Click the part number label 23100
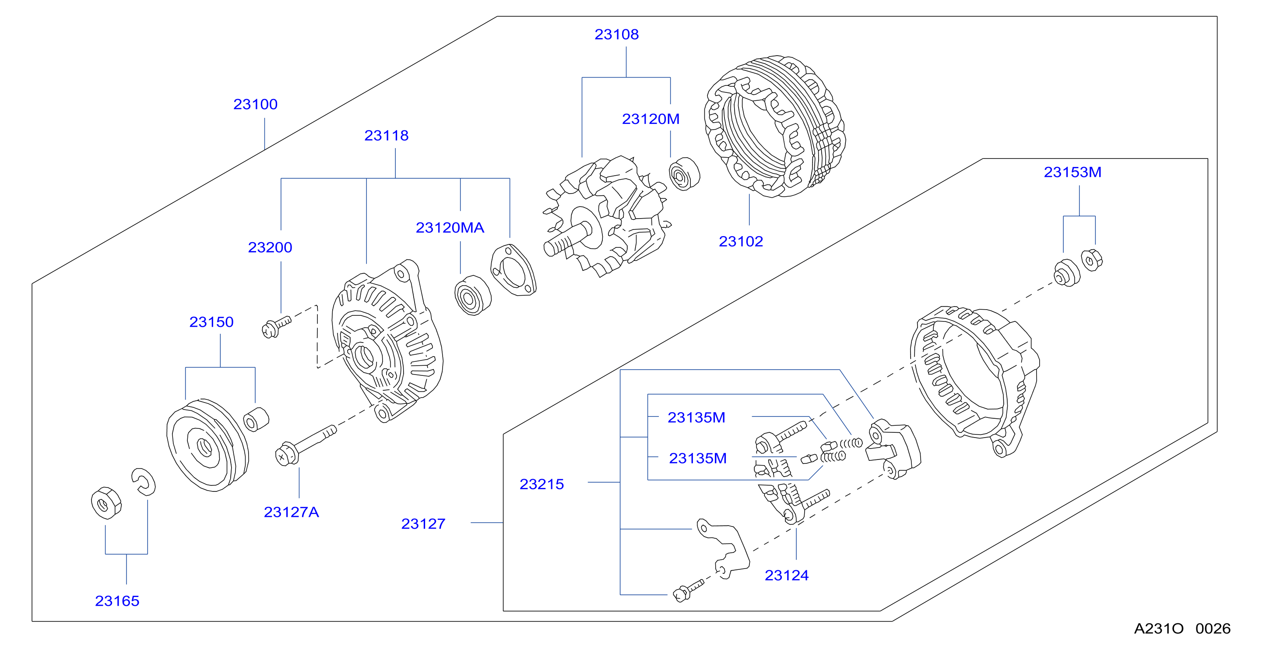point(255,104)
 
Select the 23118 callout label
point(387,135)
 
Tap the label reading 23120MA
point(450,228)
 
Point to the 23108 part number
point(617,34)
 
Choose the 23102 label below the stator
point(741,241)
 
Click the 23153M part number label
point(1073,172)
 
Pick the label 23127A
point(291,512)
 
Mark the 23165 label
point(117,601)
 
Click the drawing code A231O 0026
point(1182,629)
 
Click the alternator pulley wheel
point(207,445)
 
